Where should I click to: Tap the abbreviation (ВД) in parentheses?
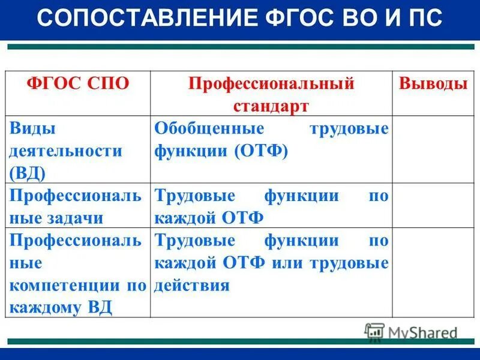pyautogui.click(x=28, y=173)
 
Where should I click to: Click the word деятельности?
pyautogui.click(x=65, y=151)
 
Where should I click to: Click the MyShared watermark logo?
pyautogui.click(x=411, y=332)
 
